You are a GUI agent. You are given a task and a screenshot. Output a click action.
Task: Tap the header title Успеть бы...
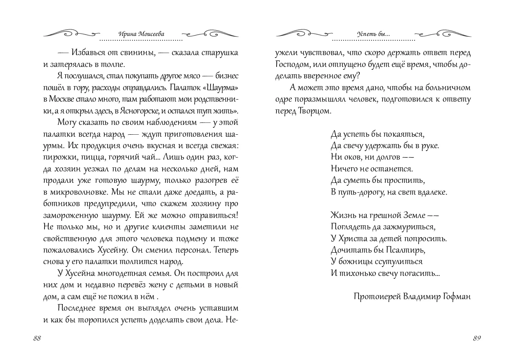pos(373,34)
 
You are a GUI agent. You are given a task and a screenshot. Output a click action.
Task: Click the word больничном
pos(449,88)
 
